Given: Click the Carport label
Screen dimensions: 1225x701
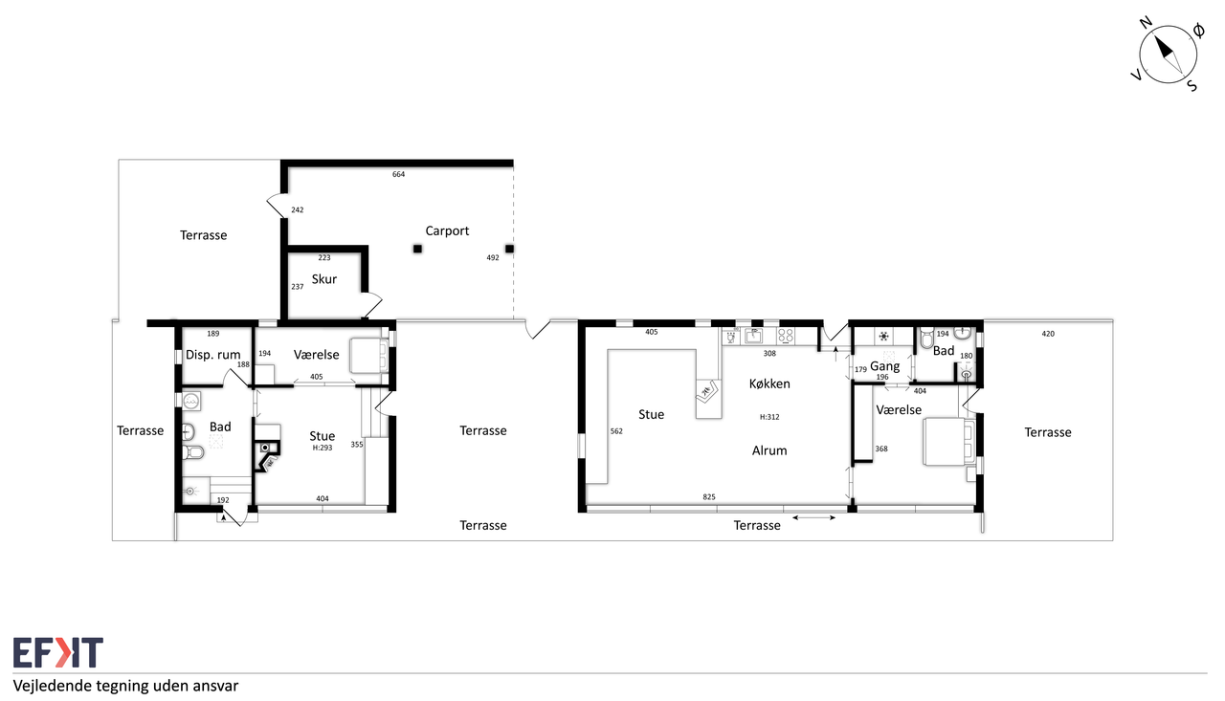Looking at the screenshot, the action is pyautogui.click(x=447, y=231).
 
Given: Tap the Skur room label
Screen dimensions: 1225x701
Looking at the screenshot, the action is pyautogui.click(x=323, y=279).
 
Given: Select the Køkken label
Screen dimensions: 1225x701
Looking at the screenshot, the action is pyautogui.click(x=769, y=384).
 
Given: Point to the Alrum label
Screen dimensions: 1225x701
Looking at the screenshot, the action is pyautogui.click(x=769, y=450).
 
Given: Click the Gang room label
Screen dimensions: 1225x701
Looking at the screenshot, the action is pyautogui.click(x=885, y=366).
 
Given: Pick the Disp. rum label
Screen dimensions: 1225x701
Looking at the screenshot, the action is pyautogui.click(x=212, y=355).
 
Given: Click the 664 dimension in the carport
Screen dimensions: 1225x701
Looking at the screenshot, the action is pyautogui.click(x=398, y=174).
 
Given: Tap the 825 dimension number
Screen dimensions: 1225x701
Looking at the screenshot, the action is pyautogui.click(x=709, y=496).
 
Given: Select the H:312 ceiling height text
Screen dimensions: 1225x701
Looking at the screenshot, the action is pyautogui.click(x=769, y=417).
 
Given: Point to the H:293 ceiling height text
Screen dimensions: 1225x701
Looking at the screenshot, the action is pyautogui.click(x=323, y=448).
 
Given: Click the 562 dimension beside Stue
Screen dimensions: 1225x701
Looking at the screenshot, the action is pyautogui.click(x=616, y=431).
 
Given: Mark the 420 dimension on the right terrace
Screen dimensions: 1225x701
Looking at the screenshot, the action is pyautogui.click(x=1048, y=334).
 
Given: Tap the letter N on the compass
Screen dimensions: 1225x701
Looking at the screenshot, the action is pyautogui.click(x=1147, y=22).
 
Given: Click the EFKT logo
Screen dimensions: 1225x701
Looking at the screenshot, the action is pyautogui.click(x=58, y=652).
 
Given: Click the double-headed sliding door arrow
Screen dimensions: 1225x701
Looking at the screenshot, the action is pyautogui.click(x=813, y=517).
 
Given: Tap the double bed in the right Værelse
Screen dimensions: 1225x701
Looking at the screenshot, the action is pyautogui.click(x=948, y=442).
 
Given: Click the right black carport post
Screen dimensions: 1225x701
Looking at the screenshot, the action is pyautogui.click(x=509, y=249).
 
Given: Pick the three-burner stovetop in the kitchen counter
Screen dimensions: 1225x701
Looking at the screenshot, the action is pyautogui.click(x=786, y=336).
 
